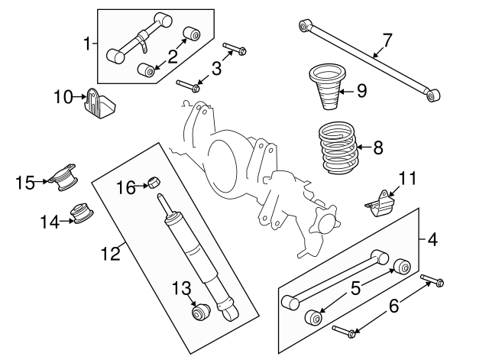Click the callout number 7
387,40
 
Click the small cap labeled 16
155,182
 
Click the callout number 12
112,253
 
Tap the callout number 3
216,69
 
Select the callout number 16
126,186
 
